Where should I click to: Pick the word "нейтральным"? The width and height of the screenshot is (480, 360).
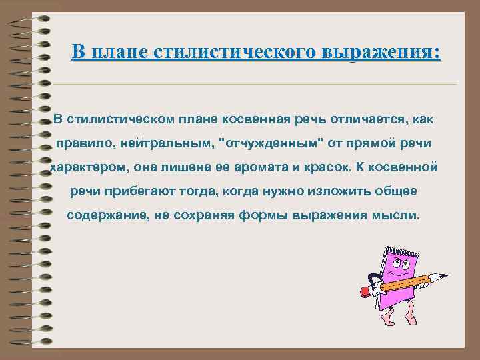click(x=175, y=143)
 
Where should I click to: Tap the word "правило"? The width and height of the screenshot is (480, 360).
click(x=83, y=143)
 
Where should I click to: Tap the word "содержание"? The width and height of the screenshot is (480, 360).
click(x=106, y=215)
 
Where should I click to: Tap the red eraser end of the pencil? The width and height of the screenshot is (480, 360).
click(x=365, y=291)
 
